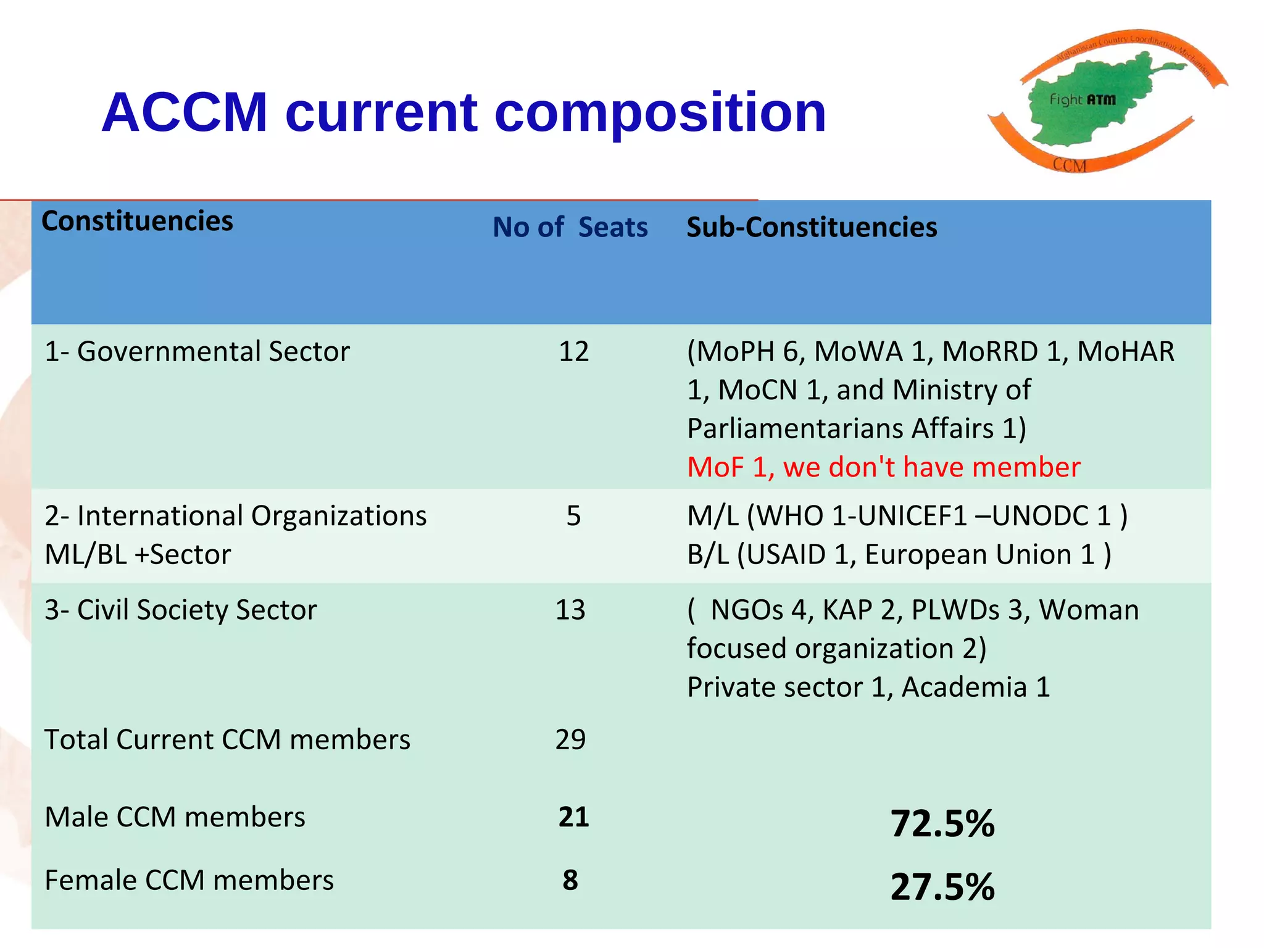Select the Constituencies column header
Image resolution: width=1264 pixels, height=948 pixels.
click(137, 221)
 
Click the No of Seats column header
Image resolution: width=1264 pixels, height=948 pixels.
click(570, 227)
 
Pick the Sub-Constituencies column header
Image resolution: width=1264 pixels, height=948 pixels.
click(812, 227)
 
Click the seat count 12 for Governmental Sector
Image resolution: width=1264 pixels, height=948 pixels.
click(573, 352)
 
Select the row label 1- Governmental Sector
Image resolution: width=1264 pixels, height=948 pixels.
click(197, 352)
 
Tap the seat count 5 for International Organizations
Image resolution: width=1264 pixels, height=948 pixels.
click(573, 516)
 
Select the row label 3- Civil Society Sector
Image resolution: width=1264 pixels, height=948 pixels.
click(180, 610)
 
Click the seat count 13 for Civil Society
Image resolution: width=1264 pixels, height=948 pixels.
click(570, 610)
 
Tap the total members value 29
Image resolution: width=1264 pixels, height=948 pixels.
click(570, 739)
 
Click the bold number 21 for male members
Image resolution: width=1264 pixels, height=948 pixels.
click(573, 817)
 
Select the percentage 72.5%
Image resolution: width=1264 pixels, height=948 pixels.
click(942, 824)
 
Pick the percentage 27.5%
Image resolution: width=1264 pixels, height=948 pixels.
click(942, 888)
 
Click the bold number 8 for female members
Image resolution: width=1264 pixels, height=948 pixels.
click(570, 881)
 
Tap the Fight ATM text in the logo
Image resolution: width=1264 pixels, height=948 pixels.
click(1083, 99)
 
